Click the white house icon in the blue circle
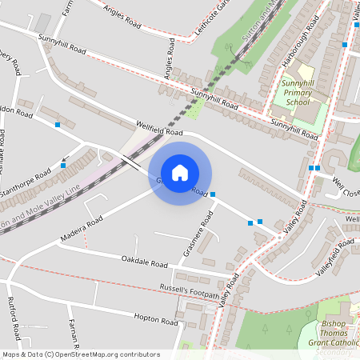(180, 173)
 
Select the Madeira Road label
(82, 230)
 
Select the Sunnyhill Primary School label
(298, 92)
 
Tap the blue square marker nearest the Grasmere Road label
(213, 194)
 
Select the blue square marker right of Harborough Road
(345, 46)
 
